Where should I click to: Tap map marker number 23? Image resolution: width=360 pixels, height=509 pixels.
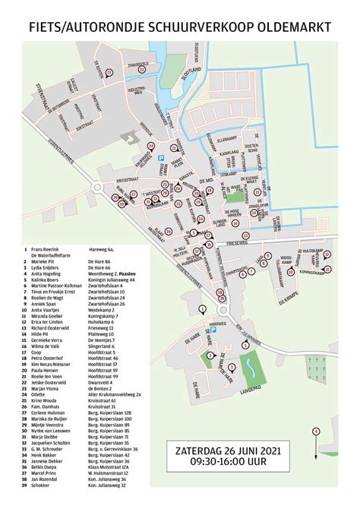(109, 72)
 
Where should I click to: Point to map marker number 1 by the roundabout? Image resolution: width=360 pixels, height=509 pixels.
(202, 308)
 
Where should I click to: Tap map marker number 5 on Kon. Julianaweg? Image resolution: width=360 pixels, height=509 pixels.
(245, 344)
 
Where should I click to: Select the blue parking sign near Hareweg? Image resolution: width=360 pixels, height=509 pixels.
(213, 332)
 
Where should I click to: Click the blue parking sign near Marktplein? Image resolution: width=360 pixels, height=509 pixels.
(160, 159)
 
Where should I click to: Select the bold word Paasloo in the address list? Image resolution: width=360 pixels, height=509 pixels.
(119, 273)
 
